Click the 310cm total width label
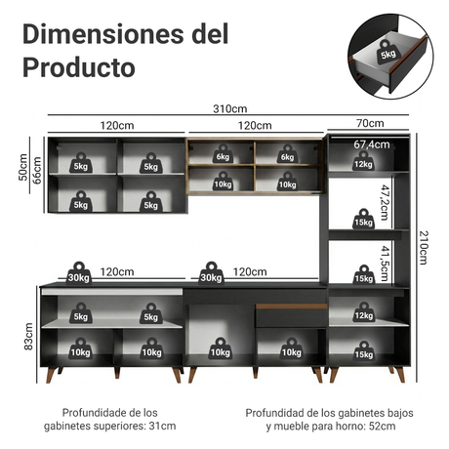tap(230, 108)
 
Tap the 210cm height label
tap(423, 248)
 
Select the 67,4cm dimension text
tap(372, 144)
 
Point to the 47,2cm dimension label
tap(385, 202)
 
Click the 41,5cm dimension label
tap(385, 264)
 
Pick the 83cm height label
tap(28, 337)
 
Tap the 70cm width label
tap(370, 123)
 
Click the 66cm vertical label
tap(37, 171)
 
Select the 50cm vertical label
tap(22, 167)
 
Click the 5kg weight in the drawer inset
tap(388, 52)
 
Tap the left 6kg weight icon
tap(223, 154)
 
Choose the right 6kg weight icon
tap(287, 154)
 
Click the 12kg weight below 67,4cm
tap(363, 161)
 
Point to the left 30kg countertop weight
tap(78, 273)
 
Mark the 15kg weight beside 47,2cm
tap(363, 219)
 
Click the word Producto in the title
tap(79, 67)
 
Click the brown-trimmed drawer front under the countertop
tap(291, 315)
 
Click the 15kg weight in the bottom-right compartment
tap(364, 351)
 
